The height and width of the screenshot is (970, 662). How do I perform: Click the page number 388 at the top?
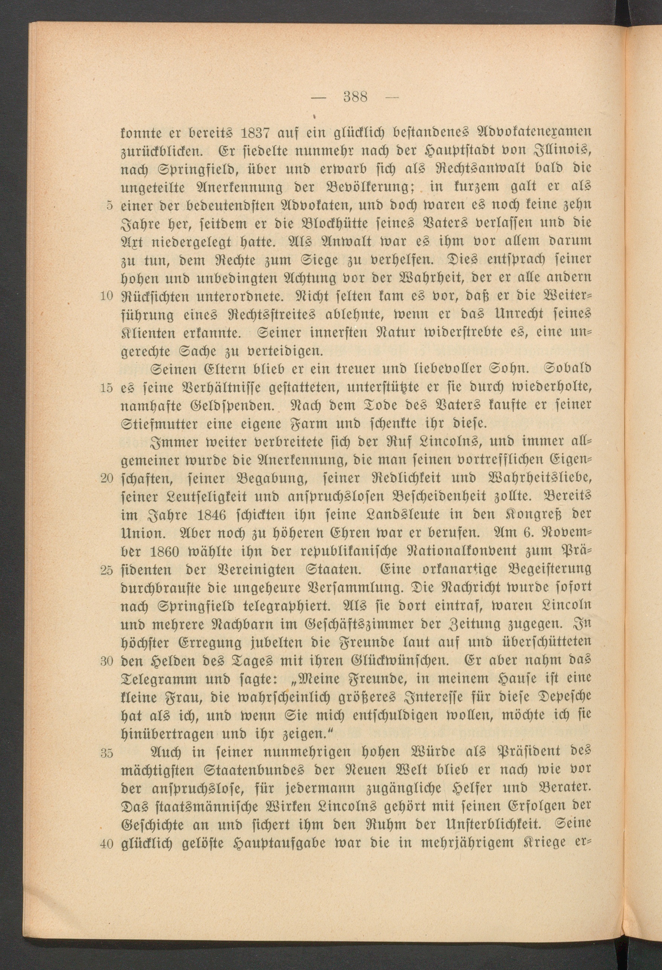[355, 97]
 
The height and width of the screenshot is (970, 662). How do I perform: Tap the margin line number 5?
[109, 205]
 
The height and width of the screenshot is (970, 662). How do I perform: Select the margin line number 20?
[107, 479]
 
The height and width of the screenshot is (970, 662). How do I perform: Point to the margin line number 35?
[107, 753]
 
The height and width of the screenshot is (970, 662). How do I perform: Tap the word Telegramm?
[159, 679]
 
